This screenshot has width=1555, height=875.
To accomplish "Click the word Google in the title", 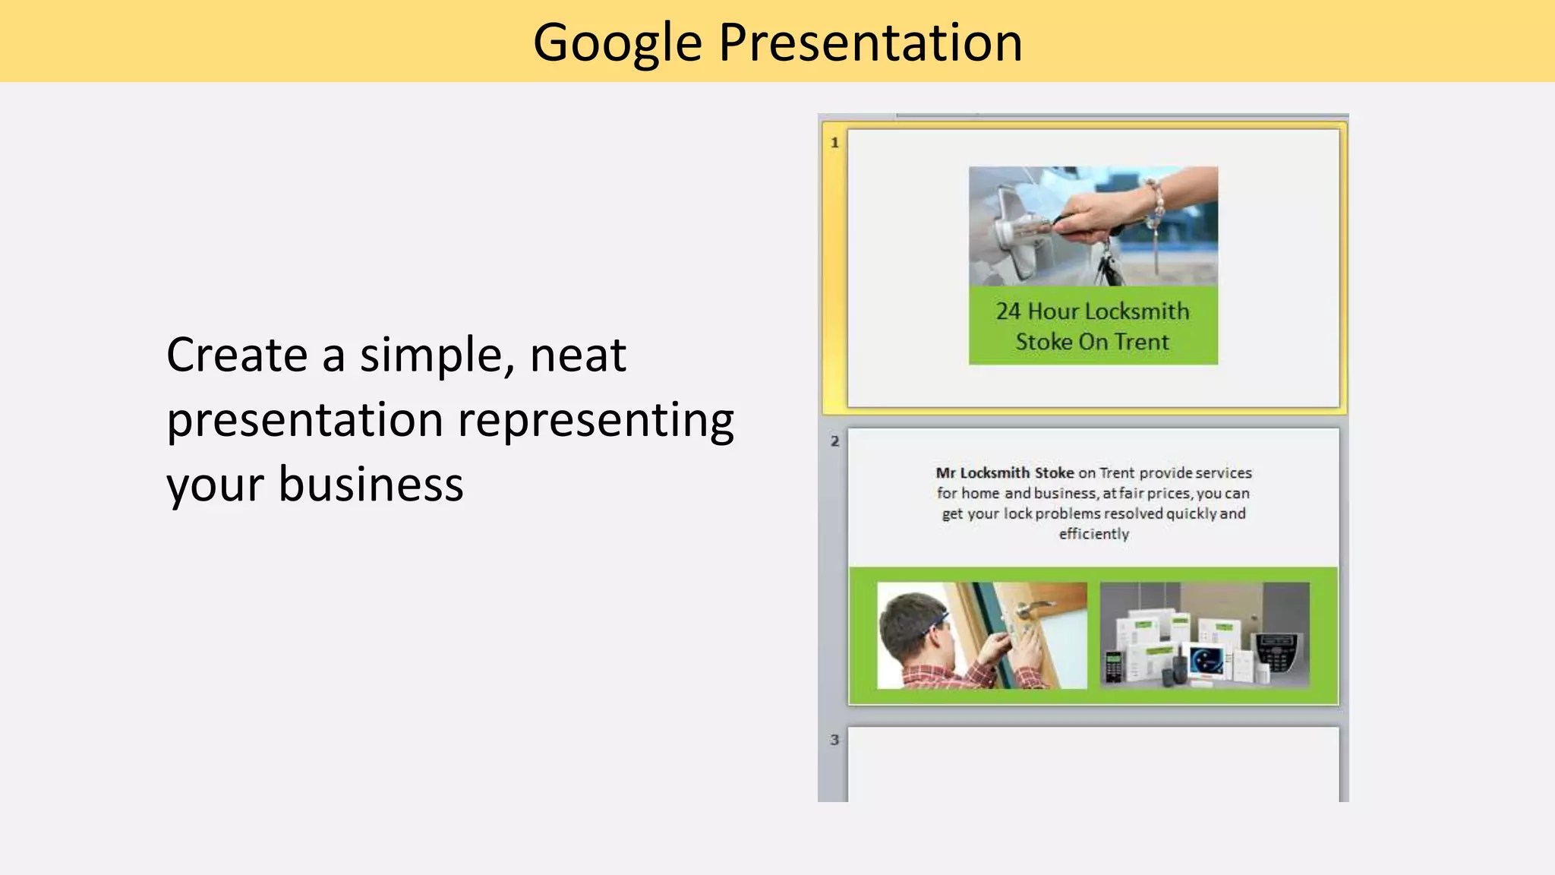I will tap(617, 43).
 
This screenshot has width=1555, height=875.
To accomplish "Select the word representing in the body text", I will tap(596, 420).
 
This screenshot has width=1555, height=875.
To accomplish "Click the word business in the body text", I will tap(371, 485).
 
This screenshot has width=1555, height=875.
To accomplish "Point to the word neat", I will tap(578, 355).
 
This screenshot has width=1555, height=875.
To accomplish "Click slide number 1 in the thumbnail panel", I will tap(834, 143).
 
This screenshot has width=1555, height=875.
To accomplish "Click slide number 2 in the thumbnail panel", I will tap(834, 441).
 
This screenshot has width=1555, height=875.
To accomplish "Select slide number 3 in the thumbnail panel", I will tap(834, 740).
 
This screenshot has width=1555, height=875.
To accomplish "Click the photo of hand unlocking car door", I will tap(1093, 226).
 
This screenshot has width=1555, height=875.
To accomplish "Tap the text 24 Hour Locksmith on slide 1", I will tap(1093, 311).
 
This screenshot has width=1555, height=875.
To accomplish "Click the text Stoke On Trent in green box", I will tap(1093, 343).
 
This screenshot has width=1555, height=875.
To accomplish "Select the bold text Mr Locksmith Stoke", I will tap(1004, 473).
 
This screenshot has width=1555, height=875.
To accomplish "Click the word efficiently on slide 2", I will tap(1093, 534).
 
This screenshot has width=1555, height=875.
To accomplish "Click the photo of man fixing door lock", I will tap(981, 636).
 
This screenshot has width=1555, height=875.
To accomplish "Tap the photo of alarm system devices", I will tap(1204, 636).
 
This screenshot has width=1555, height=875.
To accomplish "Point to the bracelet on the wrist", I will tap(1156, 205).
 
